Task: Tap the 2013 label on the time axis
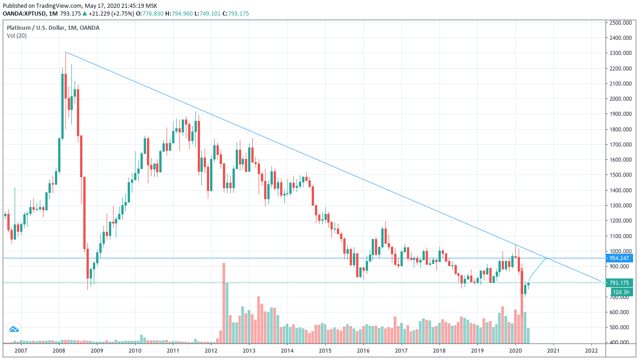(249, 351)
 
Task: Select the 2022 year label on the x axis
(591, 351)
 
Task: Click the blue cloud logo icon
(14, 329)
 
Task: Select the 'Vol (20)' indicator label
(16, 36)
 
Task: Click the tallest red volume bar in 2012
(224, 302)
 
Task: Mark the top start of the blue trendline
(66, 52)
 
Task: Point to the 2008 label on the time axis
(59, 351)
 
